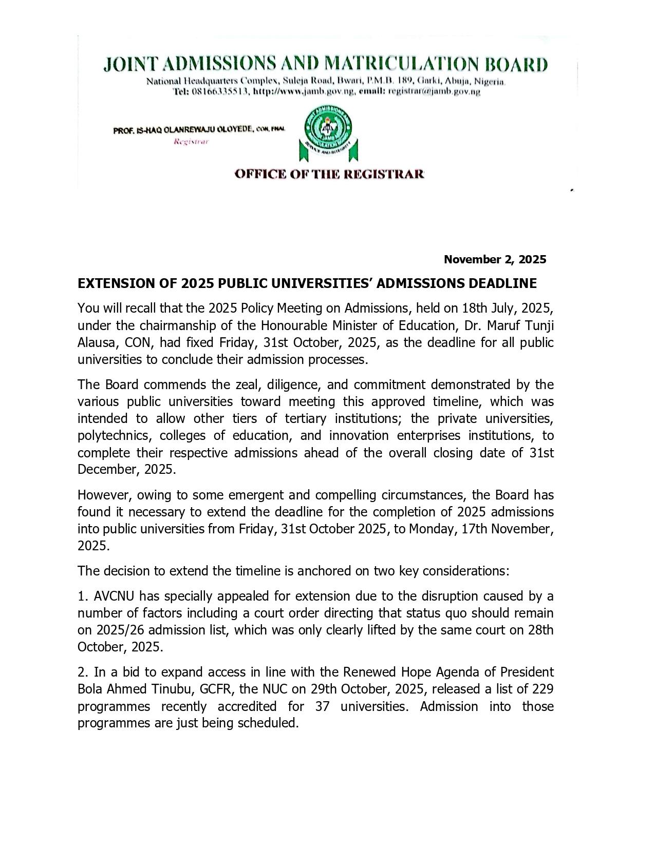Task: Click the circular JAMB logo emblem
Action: (328, 129)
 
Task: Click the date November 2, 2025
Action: (495, 259)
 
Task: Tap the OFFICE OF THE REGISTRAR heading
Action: (329, 174)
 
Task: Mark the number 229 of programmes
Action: (542, 689)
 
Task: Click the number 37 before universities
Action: (322, 706)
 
